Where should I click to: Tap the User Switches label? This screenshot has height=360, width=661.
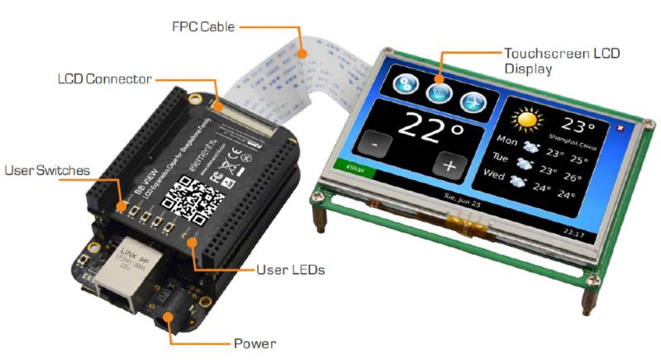coord(48,172)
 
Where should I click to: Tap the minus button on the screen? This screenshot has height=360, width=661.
coord(376,144)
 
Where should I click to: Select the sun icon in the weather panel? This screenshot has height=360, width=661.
coord(525,120)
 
